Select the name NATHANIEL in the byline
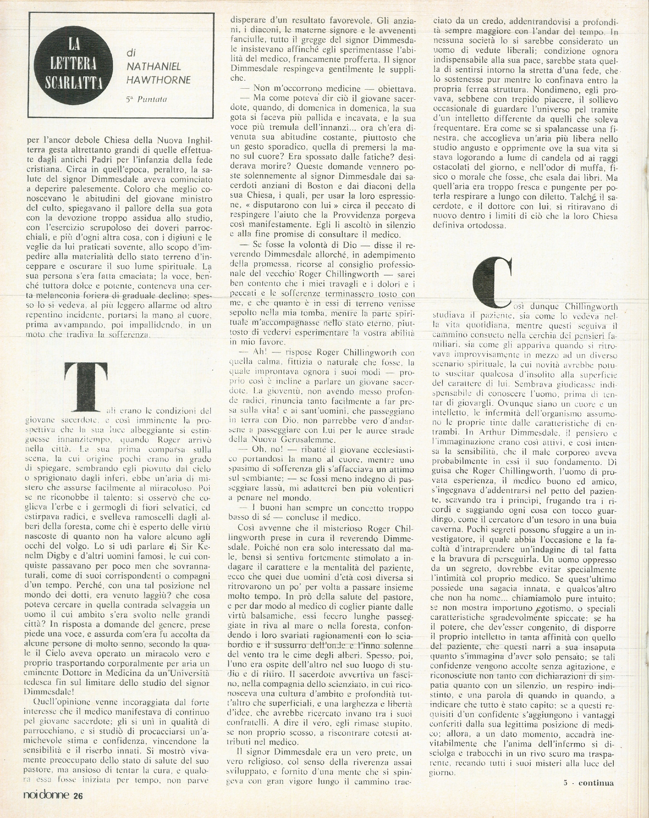coord(154,67)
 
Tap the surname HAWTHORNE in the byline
coord(159,80)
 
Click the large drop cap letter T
coord(86,386)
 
